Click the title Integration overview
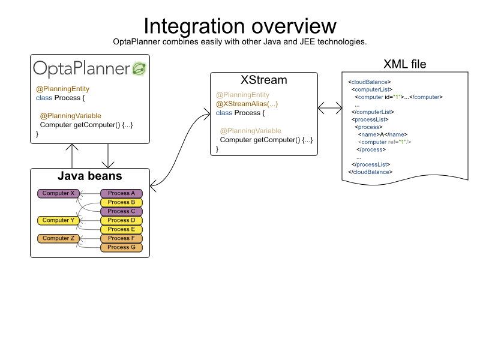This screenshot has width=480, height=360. click(x=239, y=25)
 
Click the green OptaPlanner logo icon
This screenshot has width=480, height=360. click(x=139, y=68)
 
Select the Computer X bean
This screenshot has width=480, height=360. click(x=58, y=193)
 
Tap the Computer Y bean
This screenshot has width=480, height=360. click(x=58, y=220)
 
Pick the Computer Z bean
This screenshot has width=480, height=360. click(x=58, y=238)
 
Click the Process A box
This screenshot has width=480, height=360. click(x=122, y=193)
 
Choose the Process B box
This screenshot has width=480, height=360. click(x=122, y=202)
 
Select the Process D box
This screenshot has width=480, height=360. click(x=122, y=220)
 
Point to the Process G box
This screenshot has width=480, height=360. click(x=122, y=247)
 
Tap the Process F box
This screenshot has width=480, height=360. click(x=122, y=238)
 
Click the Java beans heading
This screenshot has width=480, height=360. click(x=89, y=176)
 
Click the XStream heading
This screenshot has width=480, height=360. click(x=263, y=80)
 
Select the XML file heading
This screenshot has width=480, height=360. click(x=404, y=64)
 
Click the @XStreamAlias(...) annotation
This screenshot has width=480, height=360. click(x=247, y=104)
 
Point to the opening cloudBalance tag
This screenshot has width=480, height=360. click(x=370, y=81)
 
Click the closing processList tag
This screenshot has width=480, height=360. click(x=371, y=164)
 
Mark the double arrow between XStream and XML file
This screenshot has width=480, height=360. click(x=329, y=107)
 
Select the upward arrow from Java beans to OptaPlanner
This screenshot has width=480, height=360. click(x=72, y=156)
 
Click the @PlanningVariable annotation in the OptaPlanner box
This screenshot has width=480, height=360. click(x=70, y=116)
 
